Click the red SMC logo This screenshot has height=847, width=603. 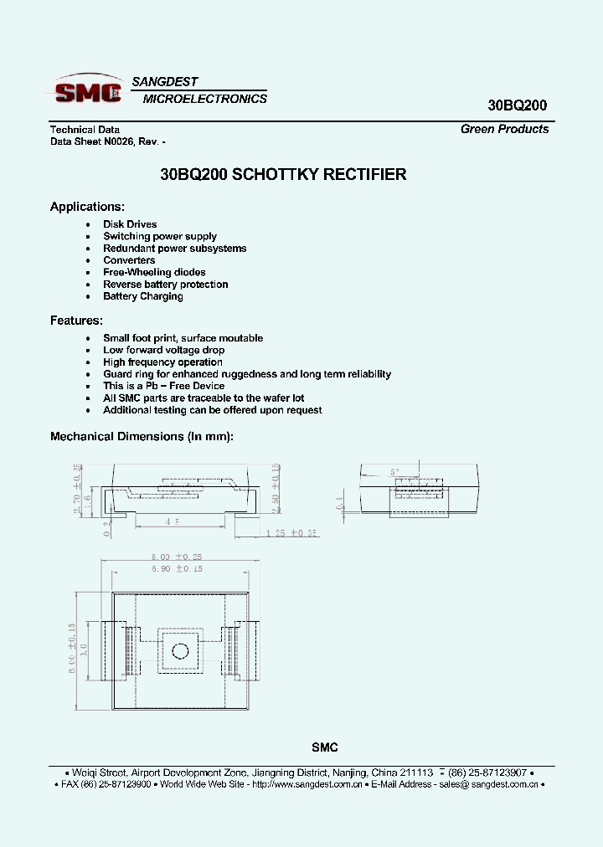click(88, 90)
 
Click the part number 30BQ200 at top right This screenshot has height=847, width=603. click(517, 105)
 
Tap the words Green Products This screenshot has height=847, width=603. click(504, 129)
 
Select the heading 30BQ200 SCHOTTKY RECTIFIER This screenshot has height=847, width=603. click(283, 175)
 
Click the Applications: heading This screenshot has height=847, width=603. click(87, 207)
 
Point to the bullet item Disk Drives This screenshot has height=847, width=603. click(130, 224)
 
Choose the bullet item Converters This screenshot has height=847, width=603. click(129, 260)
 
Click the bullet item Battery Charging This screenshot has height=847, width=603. click(142, 296)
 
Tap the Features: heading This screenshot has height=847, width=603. click(76, 321)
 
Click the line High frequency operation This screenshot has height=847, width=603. click(162, 362)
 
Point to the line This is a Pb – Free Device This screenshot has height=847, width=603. click(163, 386)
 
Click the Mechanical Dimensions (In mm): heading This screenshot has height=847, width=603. click(142, 436)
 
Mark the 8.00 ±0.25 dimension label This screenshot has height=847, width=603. click(178, 556)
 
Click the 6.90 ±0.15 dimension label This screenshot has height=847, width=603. click(178, 568)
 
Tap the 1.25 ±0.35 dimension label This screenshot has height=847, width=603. click(291, 532)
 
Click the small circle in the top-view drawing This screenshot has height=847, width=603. click(178, 650)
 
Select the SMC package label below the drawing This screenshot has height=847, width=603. click(325, 747)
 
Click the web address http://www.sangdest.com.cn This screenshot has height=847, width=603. click(307, 784)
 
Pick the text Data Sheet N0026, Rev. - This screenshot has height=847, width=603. click(113, 141)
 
